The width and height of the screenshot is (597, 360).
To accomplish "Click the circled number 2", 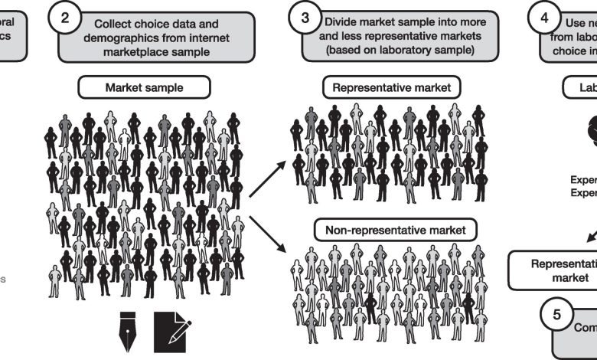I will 65,21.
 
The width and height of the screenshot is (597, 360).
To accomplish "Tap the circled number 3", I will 306,21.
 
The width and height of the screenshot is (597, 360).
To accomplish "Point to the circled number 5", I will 557,314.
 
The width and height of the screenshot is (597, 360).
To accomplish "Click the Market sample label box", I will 144,88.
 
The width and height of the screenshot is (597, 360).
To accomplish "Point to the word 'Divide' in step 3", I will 341,22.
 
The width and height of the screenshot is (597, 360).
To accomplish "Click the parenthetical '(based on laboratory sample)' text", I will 387,51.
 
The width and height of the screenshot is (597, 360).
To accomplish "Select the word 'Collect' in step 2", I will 115,23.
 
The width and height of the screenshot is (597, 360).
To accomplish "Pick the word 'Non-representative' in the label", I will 365,228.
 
